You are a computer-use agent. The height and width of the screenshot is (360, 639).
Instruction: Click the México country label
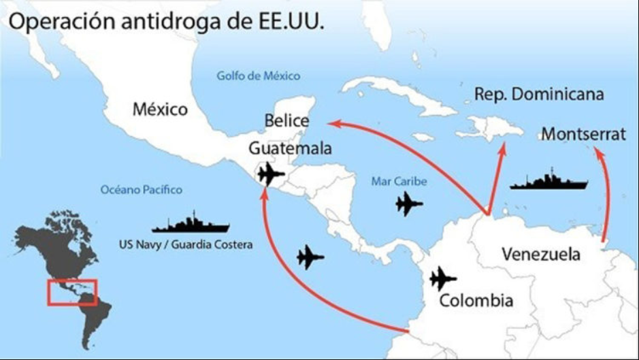point(160,109)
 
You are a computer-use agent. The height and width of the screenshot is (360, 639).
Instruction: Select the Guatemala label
point(290,148)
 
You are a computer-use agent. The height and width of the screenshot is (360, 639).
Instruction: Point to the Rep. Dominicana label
point(538,94)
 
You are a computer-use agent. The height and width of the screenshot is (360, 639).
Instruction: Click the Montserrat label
point(583,134)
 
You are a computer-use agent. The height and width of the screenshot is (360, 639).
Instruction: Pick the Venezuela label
point(541,254)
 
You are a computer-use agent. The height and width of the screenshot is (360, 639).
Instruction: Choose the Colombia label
point(476,300)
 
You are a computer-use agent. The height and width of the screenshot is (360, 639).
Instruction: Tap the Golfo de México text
point(258,76)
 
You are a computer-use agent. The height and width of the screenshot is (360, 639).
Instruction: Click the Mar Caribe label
point(399,182)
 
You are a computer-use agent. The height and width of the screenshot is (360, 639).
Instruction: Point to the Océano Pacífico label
point(141,190)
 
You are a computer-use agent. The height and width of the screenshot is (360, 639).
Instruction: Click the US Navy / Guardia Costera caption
point(185,244)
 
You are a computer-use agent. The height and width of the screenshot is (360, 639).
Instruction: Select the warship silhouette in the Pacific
point(191,223)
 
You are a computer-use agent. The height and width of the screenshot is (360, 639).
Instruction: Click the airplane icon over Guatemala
point(271,174)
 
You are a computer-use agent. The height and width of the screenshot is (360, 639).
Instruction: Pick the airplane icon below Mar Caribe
point(408,203)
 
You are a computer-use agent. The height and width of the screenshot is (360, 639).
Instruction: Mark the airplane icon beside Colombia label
point(443,278)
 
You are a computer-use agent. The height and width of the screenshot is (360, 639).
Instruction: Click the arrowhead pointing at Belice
point(332,122)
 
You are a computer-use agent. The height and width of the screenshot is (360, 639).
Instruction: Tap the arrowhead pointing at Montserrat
point(599,153)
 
